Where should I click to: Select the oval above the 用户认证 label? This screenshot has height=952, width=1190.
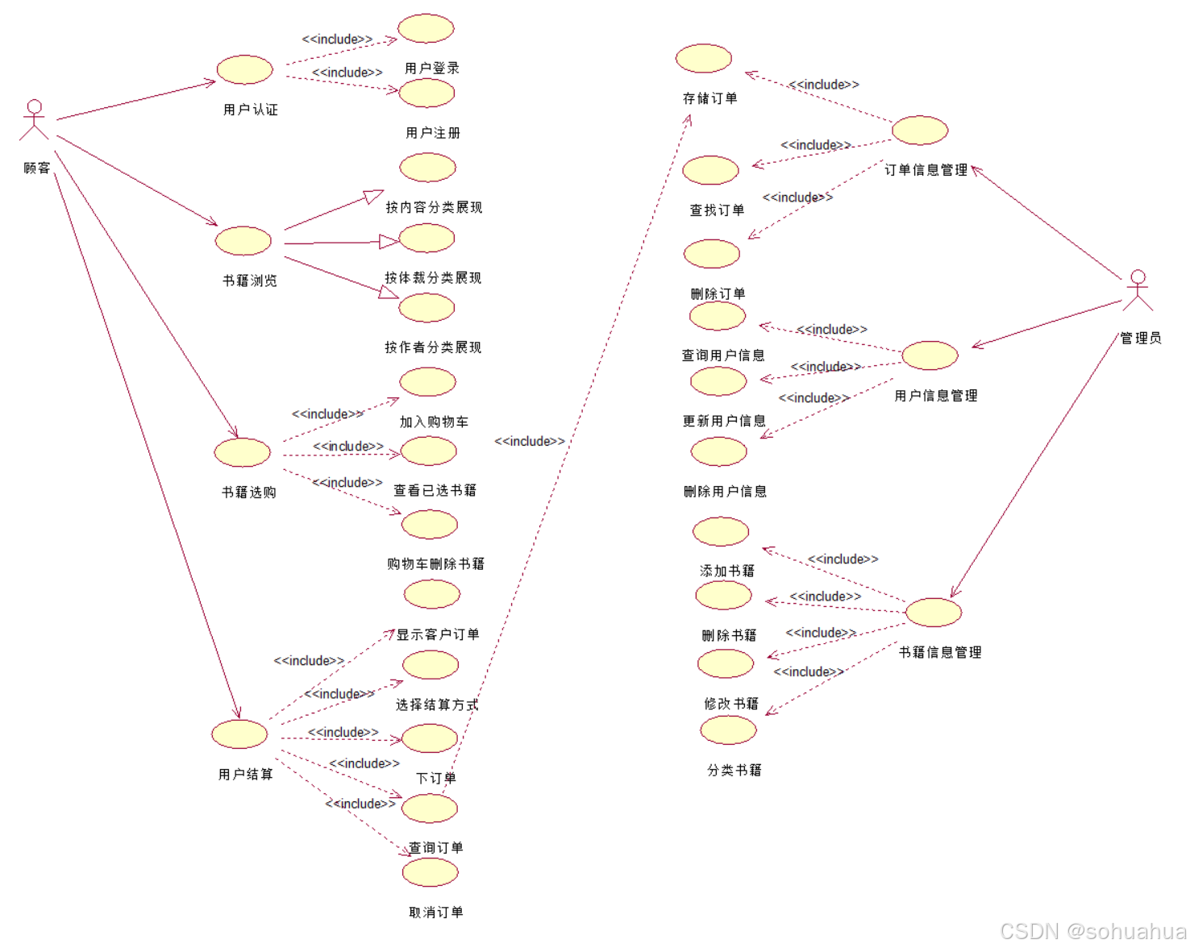pyautogui.click(x=245, y=70)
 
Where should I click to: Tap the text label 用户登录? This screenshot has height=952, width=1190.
pyautogui.click(x=432, y=69)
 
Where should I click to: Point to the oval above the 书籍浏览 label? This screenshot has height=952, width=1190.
pyautogui.click(x=243, y=241)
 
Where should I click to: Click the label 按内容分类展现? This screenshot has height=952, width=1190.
pyautogui.click(x=434, y=207)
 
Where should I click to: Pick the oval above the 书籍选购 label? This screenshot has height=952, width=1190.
pyautogui.click(x=243, y=453)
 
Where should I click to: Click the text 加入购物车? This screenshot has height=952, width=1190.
pyautogui.click(x=434, y=422)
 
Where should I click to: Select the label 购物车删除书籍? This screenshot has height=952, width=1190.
pyautogui.click(x=435, y=563)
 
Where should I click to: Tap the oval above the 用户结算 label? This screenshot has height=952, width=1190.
pyautogui.click(x=239, y=734)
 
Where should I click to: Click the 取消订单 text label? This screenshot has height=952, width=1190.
pyautogui.click(x=436, y=913)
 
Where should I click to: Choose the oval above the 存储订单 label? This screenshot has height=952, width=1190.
pyautogui.click(x=704, y=59)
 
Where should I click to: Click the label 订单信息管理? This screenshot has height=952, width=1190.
pyautogui.click(x=926, y=170)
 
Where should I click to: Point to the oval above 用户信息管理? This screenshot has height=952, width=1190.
pyautogui.click(x=930, y=355)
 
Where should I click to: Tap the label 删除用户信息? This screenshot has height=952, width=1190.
pyautogui.click(x=725, y=492)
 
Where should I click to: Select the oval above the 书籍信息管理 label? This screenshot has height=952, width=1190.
pyautogui.click(x=934, y=613)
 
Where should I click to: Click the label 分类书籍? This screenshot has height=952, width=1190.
pyautogui.click(x=734, y=771)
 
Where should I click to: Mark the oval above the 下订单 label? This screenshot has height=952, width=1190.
pyautogui.click(x=430, y=738)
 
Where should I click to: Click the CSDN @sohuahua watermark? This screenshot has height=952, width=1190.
pyautogui.click(x=1092, y=932)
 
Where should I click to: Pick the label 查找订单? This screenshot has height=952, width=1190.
pyautogui.click(x=717, y=210)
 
